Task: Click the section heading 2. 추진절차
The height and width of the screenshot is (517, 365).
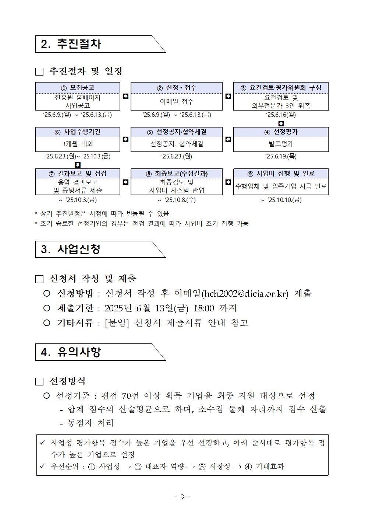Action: coord(71,44)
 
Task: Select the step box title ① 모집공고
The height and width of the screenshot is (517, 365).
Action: coord(78,88)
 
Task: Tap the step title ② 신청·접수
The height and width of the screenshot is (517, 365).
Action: coord(177,88)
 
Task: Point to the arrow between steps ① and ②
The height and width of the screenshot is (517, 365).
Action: coord(125,97)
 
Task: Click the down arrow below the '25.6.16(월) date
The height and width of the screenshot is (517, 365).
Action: coord(281,123)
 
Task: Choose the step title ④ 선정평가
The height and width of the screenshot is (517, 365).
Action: coord(281,132)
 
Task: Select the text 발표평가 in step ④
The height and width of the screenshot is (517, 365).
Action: coord(281,144)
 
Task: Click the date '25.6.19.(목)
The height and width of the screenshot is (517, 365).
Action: coord(281,157)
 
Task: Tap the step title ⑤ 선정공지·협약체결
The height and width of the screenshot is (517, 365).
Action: coord(177,132)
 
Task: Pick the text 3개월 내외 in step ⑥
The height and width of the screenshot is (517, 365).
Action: coord(78,144)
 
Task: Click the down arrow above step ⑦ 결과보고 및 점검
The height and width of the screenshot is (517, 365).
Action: coord(78,165)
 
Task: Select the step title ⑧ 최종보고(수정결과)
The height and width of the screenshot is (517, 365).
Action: coord(177,174)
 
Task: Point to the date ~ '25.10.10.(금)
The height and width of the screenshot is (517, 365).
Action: coord(281,200)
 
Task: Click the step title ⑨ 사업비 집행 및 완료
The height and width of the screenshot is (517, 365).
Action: coord(281,174)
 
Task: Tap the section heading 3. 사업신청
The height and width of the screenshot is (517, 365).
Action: coord(71,249)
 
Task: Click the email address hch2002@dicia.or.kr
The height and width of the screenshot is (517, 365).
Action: coord(245,294)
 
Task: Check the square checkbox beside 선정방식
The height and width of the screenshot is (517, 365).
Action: coord(39,381)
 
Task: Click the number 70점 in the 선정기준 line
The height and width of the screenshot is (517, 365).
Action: coord(130,396)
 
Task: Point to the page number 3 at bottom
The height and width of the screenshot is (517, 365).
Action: coord(182,496)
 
